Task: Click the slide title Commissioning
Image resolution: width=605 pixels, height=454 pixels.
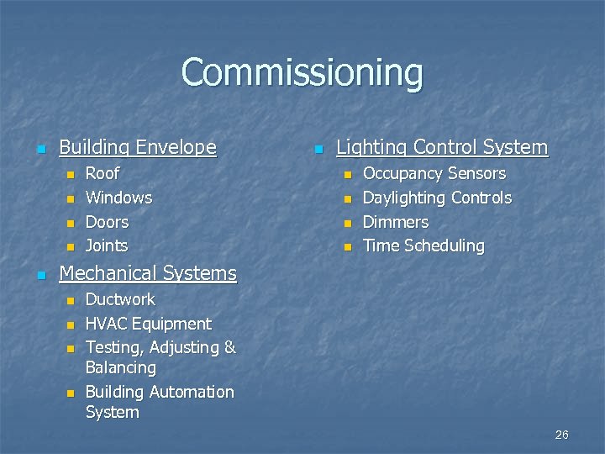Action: (302, 73)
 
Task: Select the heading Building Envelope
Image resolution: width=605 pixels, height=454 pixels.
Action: (137, 148)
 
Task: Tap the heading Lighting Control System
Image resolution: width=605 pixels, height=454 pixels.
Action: (441, 148)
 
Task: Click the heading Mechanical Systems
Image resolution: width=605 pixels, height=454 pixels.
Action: (148, 273)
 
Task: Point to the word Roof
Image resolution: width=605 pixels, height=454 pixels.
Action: (103, 174)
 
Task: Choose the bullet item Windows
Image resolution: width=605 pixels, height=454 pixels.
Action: (118, 198)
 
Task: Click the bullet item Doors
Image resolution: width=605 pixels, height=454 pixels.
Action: (107, 223)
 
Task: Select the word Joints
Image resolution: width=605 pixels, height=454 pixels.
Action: (107, 246)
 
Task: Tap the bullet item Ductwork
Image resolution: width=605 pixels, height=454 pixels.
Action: (120, 300)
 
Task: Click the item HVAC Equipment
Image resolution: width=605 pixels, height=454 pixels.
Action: (148, 324)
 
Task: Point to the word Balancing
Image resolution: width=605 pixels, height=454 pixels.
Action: (120, 368)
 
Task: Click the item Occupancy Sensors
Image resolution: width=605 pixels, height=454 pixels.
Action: (434, 174)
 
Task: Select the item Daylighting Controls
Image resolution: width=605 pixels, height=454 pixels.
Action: (436, 198)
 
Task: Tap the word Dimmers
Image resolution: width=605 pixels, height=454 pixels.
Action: (395, 223)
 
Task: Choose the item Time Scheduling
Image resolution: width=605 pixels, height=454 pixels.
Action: (423, 246)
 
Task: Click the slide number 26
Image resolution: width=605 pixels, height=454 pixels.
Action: (561, 435)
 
